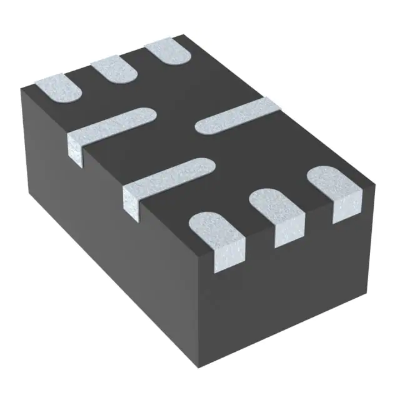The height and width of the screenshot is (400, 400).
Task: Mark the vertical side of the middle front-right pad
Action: pyautogui.click(x=289, y=231)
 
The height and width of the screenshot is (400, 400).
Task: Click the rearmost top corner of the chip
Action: pyautogui.click(x=182, y=35)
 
